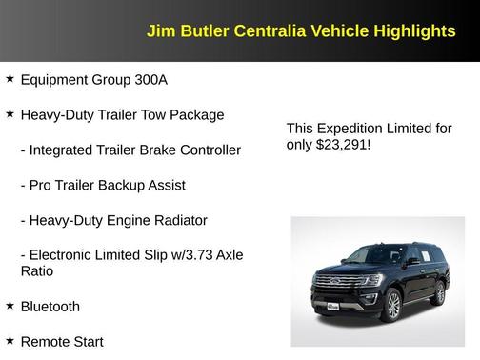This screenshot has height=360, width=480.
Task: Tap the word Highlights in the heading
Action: click(x=414, y=30)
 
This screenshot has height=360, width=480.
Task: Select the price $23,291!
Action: click(x=343, y=145)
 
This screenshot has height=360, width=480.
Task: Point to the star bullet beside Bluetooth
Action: click(x=10, y=305)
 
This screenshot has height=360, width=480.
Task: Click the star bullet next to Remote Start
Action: click(x=10, y=339)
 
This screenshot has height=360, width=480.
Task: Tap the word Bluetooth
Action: click(x=50, y=307)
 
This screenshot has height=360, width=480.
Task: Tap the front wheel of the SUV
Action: click(x=390, y=305)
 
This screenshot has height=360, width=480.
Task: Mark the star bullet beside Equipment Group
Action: click(x=10, y=79)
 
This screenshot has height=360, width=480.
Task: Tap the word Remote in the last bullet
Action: click(x=46, y=341)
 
